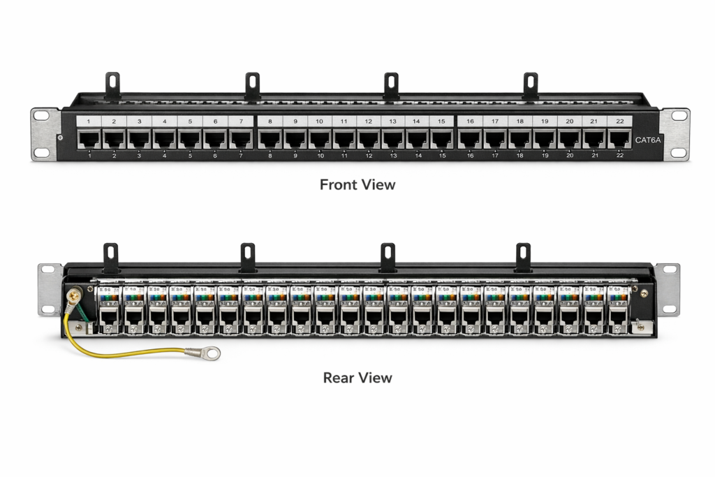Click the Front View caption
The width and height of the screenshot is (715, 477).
(357, 185)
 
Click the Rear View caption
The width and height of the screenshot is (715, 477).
(357, 378)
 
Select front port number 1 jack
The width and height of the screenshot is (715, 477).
(89, 139)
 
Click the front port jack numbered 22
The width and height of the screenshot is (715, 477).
(619, 139)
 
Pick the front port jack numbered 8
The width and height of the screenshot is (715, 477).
(270, 139)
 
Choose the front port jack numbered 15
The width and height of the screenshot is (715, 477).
(441, 139)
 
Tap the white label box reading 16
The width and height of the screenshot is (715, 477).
(470, 122)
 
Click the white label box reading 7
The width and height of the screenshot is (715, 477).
(240, 122)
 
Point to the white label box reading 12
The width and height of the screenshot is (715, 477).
(369, 122)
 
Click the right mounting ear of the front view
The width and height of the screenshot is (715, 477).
(675, 133)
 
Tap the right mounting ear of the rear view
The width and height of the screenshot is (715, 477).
(668, 288)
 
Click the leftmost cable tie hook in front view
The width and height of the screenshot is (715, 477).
(113, 84)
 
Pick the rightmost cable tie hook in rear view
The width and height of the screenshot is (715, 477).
(523, 256)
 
